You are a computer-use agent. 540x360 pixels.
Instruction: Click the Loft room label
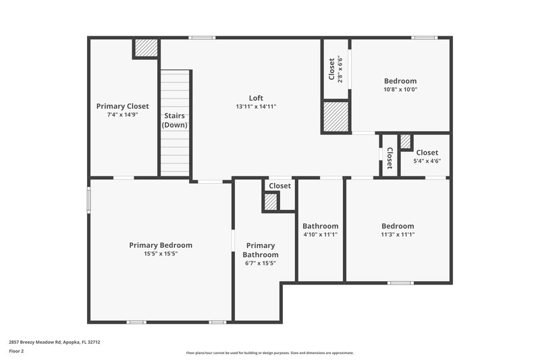[256, 97]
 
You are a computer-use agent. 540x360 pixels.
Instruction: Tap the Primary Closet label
[122, 106]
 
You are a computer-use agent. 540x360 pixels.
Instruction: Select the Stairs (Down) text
[174, 120]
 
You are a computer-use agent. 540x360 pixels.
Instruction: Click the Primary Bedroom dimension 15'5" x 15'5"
[161, 254]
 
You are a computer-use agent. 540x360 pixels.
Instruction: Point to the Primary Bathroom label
[260, 250]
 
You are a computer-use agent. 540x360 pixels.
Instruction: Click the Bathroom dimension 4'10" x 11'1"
[320, 235]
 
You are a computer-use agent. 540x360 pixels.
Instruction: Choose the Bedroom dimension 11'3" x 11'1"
[398, 235]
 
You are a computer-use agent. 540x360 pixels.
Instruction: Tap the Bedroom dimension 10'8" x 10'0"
[400, 89]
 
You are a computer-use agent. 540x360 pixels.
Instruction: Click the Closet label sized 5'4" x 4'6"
[427, 153]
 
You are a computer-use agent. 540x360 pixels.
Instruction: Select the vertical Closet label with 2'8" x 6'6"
[331, 70]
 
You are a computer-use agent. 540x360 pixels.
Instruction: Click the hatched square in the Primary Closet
[145, 48]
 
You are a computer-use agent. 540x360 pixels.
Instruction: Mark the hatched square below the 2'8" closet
[335, 117]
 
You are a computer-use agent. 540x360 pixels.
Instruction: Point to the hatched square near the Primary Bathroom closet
[271, 202]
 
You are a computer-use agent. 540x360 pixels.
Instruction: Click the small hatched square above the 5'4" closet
[405, 142]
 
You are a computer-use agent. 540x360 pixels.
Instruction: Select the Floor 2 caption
[16, 352]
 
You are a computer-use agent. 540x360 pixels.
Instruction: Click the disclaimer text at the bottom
[269, 353]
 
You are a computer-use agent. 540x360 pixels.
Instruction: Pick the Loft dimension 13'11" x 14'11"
[256, 107]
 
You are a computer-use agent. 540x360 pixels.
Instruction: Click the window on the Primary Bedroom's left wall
[88, 200]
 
